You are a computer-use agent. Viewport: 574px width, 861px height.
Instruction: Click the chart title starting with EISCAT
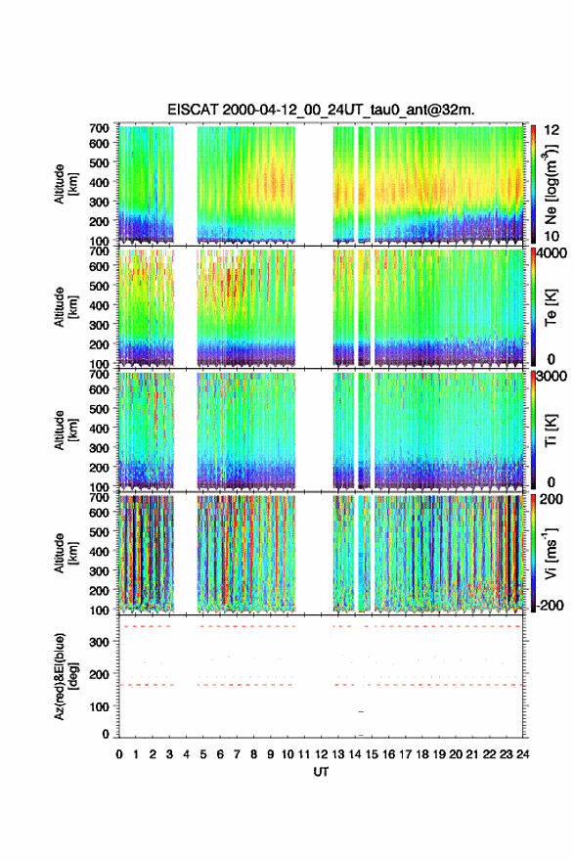321,110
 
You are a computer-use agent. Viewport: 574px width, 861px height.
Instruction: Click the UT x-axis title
321,772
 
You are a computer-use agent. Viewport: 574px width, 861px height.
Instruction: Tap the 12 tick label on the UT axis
322,754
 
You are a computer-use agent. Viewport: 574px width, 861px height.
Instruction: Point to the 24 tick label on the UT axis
523,754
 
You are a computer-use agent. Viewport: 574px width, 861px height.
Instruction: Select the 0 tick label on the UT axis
119,754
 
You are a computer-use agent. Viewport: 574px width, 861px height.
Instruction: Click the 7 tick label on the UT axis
237,754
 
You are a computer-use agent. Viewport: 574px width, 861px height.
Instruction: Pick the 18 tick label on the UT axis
422,754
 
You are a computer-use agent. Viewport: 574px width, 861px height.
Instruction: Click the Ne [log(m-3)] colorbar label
551,184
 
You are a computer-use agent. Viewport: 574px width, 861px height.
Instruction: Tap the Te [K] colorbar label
551,307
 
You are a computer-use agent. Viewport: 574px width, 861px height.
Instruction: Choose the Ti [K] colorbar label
551,430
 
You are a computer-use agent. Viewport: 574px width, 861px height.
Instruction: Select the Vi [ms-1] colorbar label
551,553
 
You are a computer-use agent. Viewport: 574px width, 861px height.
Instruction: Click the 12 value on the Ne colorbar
552,131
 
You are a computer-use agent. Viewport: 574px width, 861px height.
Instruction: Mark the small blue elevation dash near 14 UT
361,711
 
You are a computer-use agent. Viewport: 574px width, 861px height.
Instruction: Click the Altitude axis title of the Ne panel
65,184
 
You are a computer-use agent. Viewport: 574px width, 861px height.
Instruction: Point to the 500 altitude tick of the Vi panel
100,532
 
